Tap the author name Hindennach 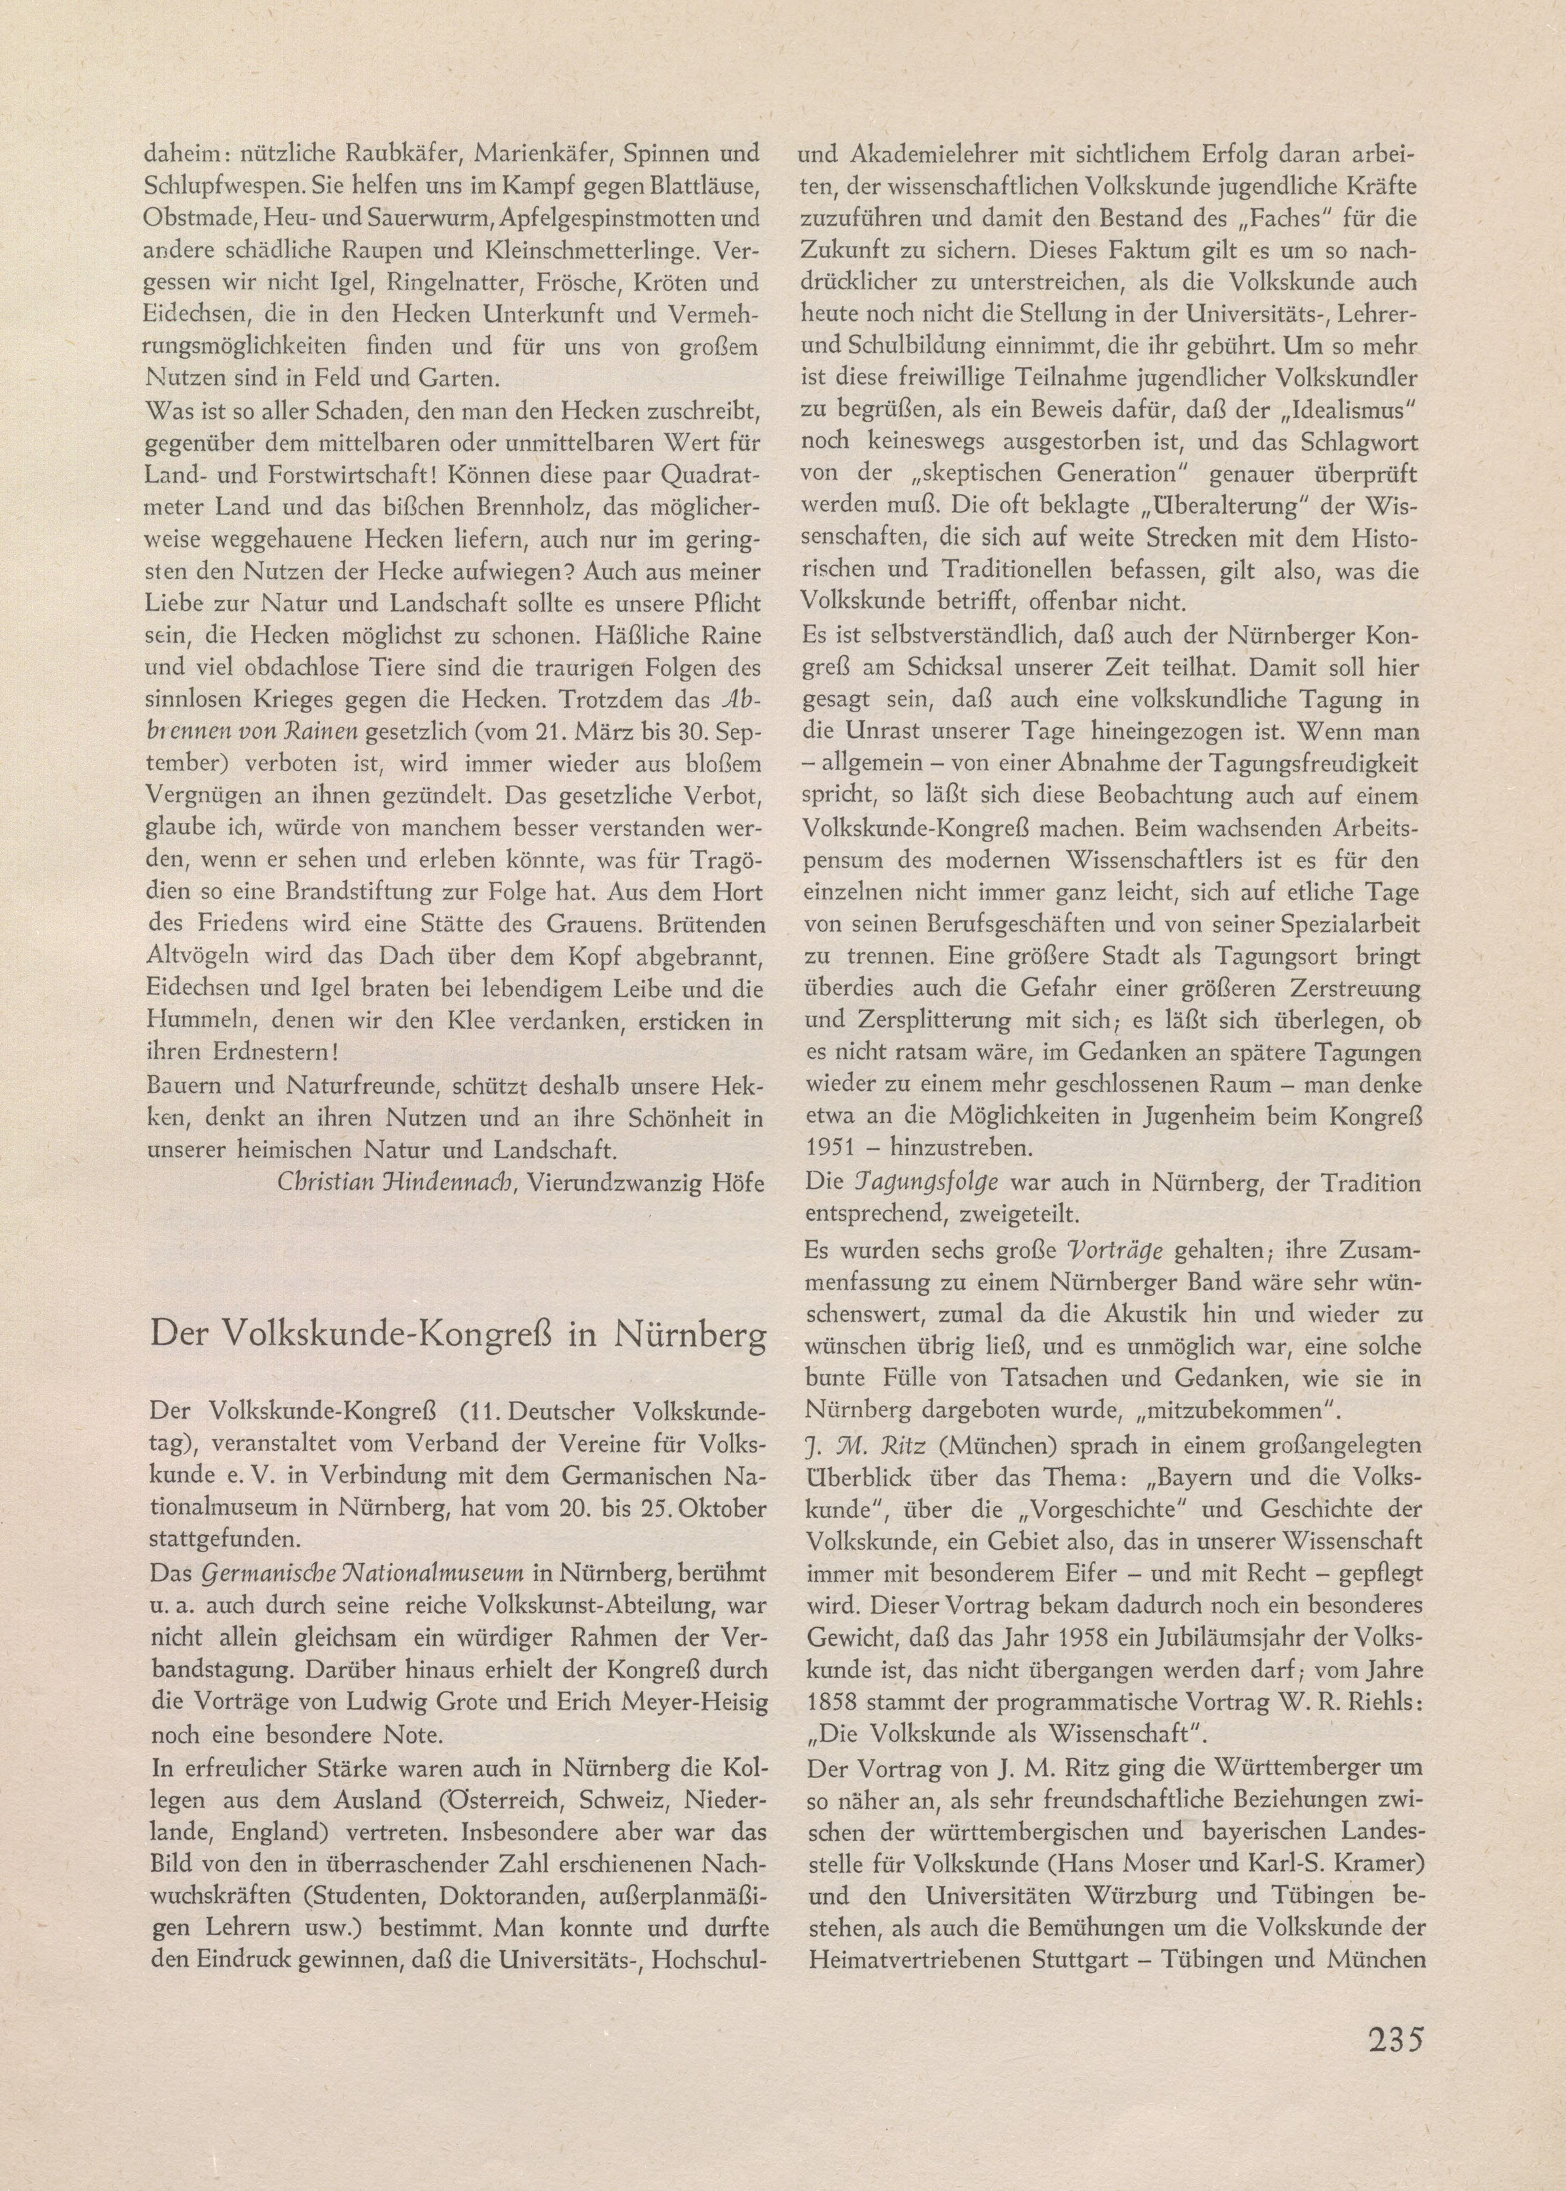[443, 1183]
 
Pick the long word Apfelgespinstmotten [613, 218]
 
